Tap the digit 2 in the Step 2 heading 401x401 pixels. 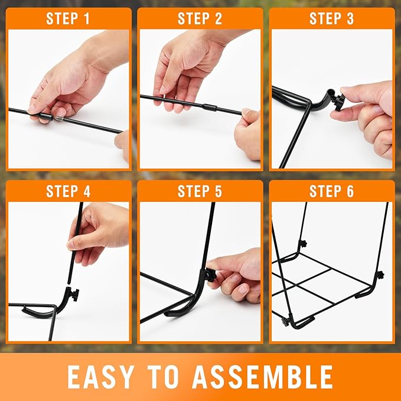(x=218, y=19)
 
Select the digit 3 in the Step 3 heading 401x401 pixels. (x=350, y=19)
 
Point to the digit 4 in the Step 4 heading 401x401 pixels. (x=86, y=191)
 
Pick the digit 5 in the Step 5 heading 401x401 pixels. (x=218, y=191)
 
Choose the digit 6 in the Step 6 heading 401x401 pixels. (x=350, y=191)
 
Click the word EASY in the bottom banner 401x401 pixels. (x=101, y=377)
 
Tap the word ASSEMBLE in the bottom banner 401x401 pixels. (x=263, y=377)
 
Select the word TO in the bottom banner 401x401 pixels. (x=164, y=377)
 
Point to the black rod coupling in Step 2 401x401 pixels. (x=210, y=107)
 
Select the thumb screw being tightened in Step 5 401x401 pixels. (x=210, y=275)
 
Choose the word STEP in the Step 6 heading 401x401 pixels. (x=324, y=191)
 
